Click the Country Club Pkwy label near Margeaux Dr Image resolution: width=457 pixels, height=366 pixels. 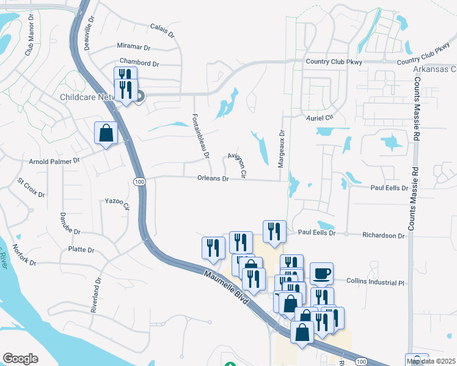click(x=334, y=62)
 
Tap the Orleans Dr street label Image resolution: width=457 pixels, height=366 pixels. click(x=213, y=179)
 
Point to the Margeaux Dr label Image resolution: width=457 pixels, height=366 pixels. click(x=282, y=149)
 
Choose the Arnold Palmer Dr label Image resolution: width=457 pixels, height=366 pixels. click(x=55, y=162)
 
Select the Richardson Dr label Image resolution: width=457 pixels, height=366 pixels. click(x=384, y=235)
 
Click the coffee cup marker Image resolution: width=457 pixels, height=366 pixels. click(x=321, y=273)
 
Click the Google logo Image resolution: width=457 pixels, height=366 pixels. click(x=20, y=359)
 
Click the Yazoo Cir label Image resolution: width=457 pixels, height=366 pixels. click(x=118, y=203)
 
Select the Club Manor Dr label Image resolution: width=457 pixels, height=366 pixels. click(x=29, y=40)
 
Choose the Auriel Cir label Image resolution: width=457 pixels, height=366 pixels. click(x=320, y=117)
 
